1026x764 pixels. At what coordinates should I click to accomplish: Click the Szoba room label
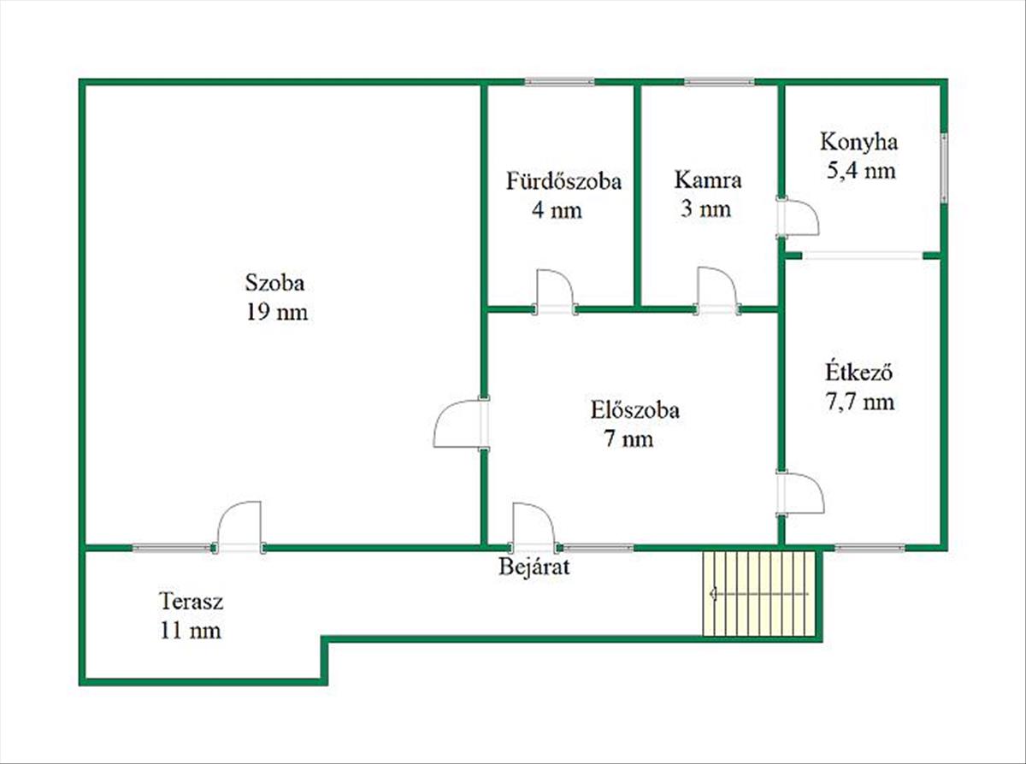(275, 282)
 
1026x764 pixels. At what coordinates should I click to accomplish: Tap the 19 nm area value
(275, 313)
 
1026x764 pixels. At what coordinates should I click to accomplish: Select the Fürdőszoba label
(563, 181)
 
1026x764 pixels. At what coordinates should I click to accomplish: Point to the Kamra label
(708, 181)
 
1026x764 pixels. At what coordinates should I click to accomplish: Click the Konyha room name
(859, 141)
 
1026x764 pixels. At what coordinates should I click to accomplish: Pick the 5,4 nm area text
(860, 171)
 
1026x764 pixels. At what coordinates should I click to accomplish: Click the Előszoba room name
(634, 410)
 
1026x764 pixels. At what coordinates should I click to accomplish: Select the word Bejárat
(534, 567)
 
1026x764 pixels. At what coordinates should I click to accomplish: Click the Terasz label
(192, 601)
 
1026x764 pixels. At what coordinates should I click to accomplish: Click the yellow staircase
(758, 594)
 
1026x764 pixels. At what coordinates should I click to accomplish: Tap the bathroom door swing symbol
(554, 291)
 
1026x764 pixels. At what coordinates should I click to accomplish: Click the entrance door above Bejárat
(533, 526)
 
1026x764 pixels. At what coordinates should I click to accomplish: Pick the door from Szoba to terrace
(239, 526)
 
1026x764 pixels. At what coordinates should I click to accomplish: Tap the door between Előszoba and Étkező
(802, 494)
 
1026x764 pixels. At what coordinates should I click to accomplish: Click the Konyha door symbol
(799, 218)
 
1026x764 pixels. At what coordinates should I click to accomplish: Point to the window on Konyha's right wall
(944, 167)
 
